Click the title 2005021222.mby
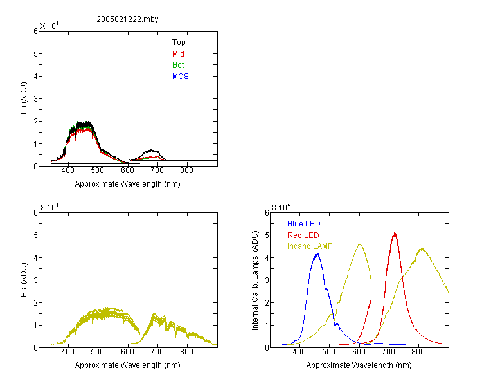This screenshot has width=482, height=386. click(x=127, y=19)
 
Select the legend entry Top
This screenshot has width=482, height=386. click(x=179, y=42)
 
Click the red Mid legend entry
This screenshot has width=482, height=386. click(x=178, y=54)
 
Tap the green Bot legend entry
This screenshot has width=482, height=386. click(x=178, y=65)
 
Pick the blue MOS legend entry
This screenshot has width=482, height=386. click(x=181, y=77)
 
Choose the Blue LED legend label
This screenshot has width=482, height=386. click(x=304, y=224)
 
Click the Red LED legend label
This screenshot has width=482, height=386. click(x=303, y=235)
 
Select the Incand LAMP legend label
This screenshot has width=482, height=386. click(x=310, y=246)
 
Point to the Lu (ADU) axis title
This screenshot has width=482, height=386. click(x=24, y=98)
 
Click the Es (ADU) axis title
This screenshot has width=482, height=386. click(x=24, y=280)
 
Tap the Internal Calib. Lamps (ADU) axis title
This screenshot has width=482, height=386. click(x=255, y=280)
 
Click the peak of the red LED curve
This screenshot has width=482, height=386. click(x=395, y=234)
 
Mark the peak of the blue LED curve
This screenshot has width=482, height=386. click(x=317, y=253)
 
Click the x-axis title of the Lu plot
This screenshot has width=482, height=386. click(x=128, y=184)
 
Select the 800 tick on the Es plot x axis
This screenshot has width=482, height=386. click(x=186, y=352)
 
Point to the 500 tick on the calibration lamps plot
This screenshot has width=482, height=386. click(x=329, y=352)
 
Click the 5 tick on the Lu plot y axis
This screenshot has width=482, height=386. click(x=35, y=54)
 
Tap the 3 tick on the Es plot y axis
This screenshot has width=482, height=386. click(x=35, y=280)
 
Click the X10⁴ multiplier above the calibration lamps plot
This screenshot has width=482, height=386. click(x=281, y=207)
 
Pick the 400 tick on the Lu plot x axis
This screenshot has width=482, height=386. click(x=68, y=170)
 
